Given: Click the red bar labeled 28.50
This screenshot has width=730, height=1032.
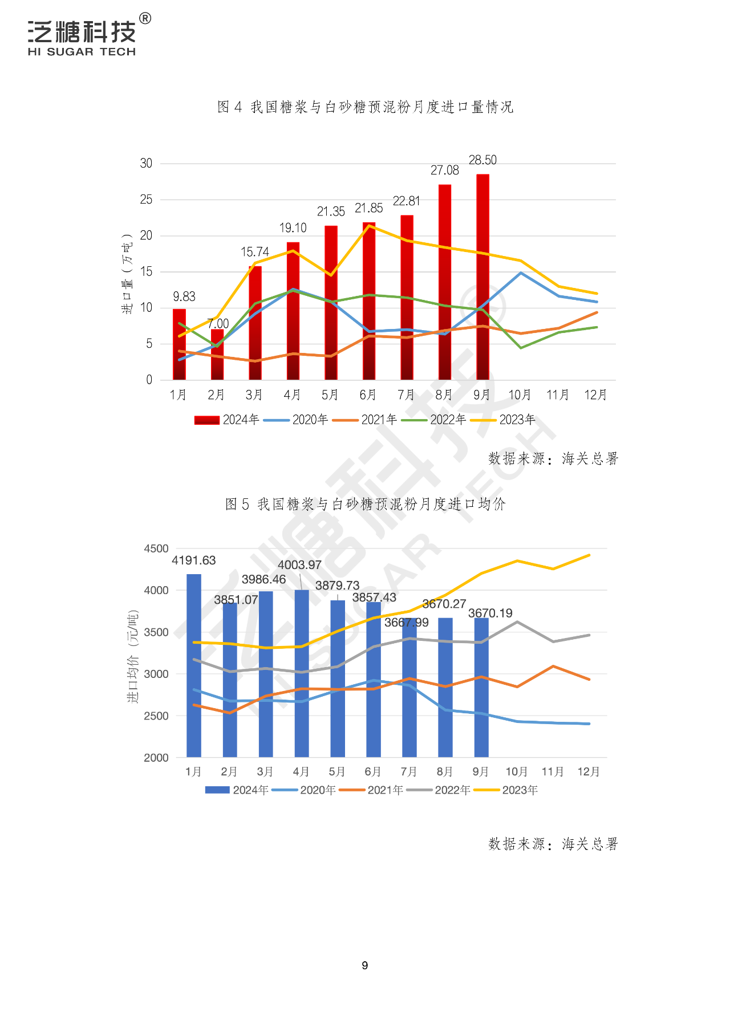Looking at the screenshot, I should click(482, 277).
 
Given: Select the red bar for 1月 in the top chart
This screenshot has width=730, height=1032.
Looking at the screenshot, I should click(179, 344).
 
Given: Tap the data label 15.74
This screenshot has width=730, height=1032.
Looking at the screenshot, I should click(254, 252).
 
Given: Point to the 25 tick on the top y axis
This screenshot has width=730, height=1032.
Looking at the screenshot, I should click(146, 200).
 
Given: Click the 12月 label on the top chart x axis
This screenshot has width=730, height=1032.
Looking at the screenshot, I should click(595, 395).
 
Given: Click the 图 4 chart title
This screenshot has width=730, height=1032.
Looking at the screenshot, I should click(365, 107).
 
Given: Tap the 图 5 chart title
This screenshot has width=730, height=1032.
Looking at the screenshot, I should click(365, 504).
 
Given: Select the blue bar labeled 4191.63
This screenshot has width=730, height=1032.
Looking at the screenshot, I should click(194, 665).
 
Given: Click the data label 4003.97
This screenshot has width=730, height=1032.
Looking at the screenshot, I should click(299, 565).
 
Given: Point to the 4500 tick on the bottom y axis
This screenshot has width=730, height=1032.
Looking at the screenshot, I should click(156, 548).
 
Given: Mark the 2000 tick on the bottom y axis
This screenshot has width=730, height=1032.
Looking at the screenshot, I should click(156, 758).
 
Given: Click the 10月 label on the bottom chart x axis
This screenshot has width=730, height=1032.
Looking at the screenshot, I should click(517, 771).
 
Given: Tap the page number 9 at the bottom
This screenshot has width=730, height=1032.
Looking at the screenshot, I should click(365, 965).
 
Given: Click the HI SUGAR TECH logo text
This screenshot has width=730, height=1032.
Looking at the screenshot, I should click(82, 52).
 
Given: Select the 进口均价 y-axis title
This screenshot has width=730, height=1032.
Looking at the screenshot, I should click(132, 656).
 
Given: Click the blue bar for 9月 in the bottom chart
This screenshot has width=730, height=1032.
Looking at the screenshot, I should click(481, 688).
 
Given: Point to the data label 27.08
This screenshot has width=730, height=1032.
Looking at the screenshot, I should click(444, 170).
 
